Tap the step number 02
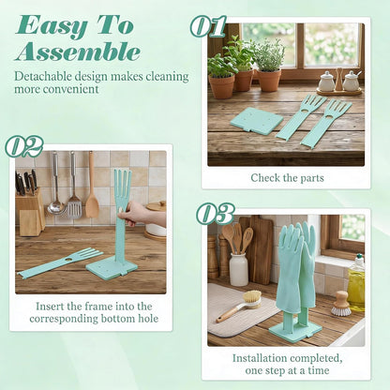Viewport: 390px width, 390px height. pos(24,146)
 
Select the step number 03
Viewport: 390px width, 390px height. pos(216,213)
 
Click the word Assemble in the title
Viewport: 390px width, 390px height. pos(78,52)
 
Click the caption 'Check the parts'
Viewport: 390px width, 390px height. pos(287,178)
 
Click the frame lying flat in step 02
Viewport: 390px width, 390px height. pos(60,262)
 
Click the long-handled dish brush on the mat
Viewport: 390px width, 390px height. pos(240,306)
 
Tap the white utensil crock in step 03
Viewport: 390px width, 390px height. pos(239,269)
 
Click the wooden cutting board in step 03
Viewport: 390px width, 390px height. pos(259,249)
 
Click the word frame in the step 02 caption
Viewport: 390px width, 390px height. pos(96,307)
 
